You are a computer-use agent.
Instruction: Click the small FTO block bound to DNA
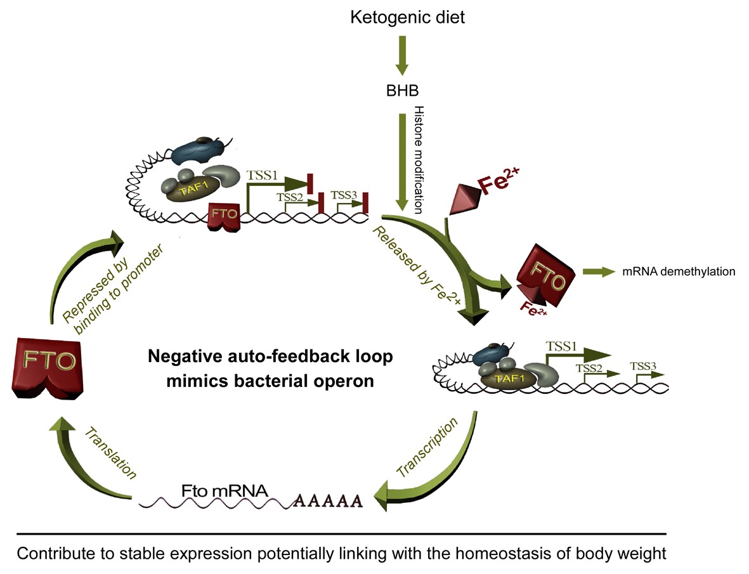click(x=226, y=215)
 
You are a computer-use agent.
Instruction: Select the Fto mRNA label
click(x=216, y=491)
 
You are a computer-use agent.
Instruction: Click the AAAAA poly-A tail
click(x=328, y=501)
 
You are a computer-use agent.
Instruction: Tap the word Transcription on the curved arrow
click(x=426, y=448)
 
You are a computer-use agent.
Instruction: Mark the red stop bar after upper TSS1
click(x=311, y=183)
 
